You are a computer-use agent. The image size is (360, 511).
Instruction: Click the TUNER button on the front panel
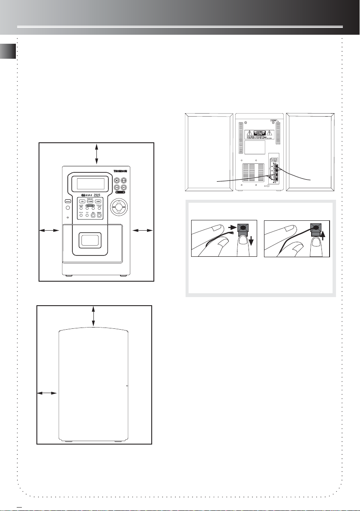coord(90,201)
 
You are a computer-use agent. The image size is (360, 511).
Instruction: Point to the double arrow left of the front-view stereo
coord(49,231)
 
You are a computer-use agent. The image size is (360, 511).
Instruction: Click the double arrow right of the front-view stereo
coord(143,231)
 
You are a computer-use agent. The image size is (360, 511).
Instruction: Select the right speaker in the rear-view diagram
coord(310,152)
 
